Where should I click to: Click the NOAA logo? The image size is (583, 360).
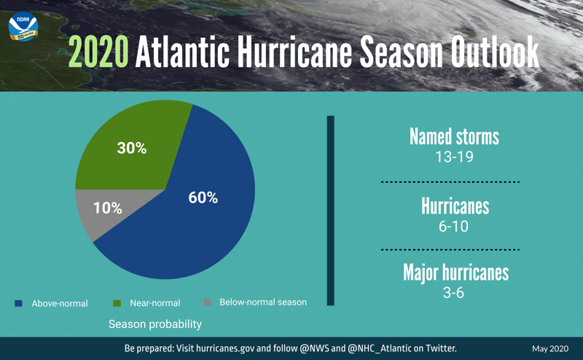pyautogui.click(x=23, y=26)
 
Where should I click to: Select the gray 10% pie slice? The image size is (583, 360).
pyautogui.click(x=98, y=210)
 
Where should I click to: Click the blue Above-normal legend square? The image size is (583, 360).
pyautogui.click(x=19, y=303)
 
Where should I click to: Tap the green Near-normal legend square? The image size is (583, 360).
pyautogui.click(x=117, y=303)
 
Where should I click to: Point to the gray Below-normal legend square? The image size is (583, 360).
pyautogui.click(x=207, y=302)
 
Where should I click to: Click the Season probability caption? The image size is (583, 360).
pyautogui.click(x=155, y=324)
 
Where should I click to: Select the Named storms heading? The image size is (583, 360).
pyautogui.click(x=454, y=137)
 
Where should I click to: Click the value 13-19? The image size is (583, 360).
pyautogui.click(x=454, y=157)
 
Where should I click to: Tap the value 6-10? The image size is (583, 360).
pyautogui.click(x=454, y=226)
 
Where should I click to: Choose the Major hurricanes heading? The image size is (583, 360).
pyautogui.click(x=455, y=273)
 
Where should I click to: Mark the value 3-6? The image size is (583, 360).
pyautogui.click(x=454, y=292)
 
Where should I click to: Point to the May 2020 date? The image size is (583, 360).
pyautogui.click(x=549, y=349)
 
